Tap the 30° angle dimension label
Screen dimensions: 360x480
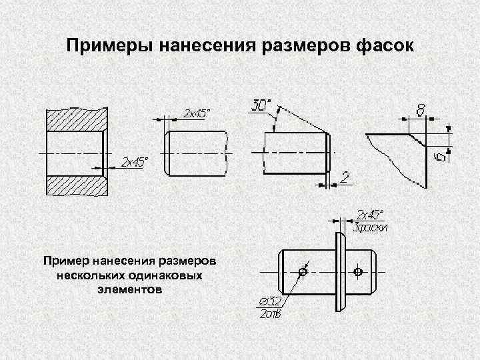262,105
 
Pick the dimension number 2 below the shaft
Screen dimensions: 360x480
345,177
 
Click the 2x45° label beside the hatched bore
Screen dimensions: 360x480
134,162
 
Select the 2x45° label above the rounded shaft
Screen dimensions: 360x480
194,113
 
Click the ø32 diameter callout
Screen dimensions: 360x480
269,304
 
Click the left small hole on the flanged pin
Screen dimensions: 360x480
303,272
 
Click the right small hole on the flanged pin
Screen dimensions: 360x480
359,272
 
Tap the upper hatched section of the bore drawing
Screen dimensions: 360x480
75,120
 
